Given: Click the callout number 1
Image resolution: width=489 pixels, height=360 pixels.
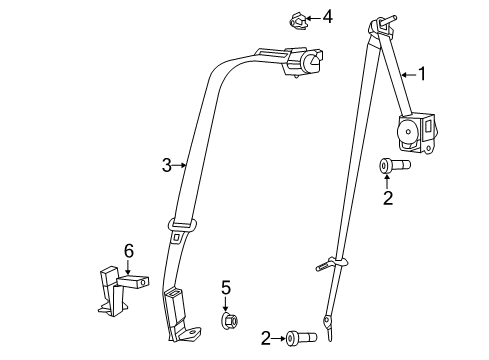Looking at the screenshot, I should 421,73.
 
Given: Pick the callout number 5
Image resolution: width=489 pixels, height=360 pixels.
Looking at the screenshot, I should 226,288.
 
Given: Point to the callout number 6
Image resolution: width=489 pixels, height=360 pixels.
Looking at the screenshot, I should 127,250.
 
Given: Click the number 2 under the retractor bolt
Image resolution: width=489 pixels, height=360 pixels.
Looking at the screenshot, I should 388,197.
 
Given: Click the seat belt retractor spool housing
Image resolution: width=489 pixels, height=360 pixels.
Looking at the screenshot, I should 413,131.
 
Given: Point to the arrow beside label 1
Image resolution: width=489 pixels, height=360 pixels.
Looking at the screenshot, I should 408,73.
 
